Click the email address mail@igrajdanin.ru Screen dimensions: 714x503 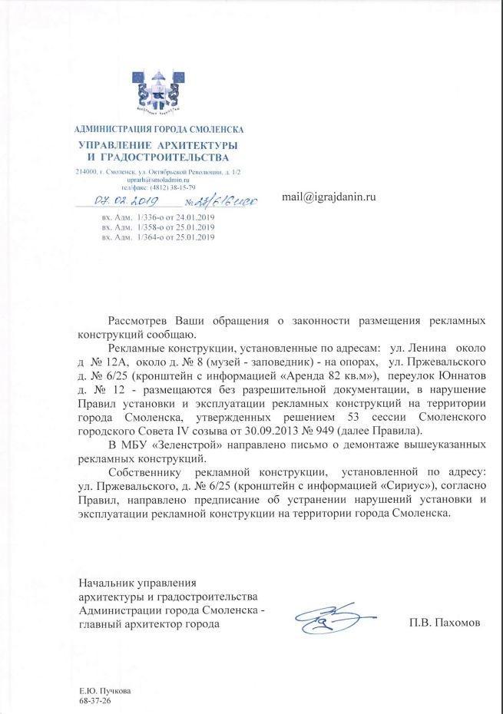coord(329,197)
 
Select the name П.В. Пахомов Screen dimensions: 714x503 coord(444,623)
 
